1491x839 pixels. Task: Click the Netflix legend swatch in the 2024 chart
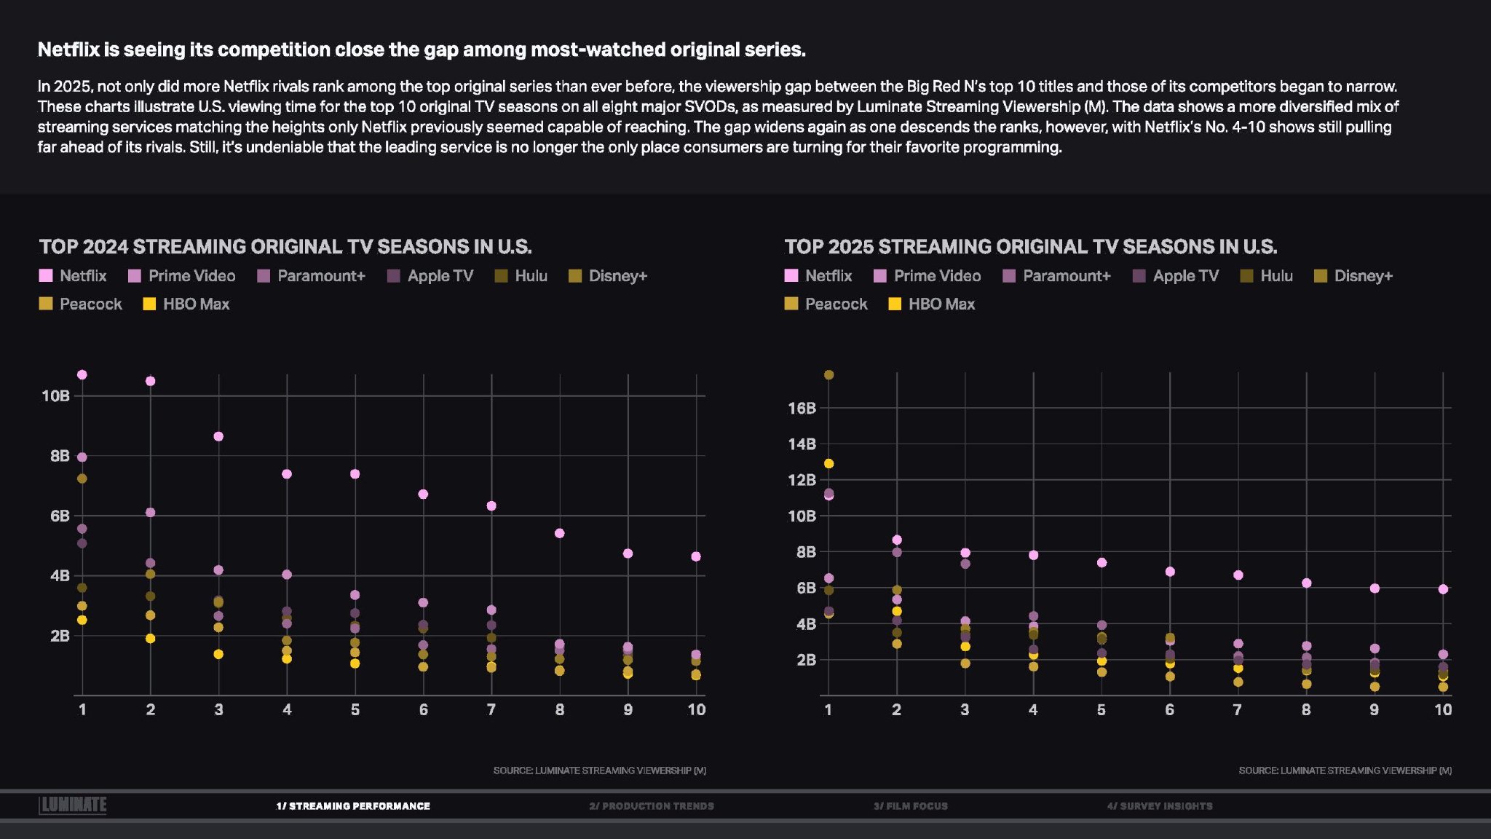coord(46,276)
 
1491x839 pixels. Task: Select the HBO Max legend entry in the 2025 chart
coord(931,304)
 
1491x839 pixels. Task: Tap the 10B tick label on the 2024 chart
coord(55,396)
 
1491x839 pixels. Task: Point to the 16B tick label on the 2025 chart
coord(802,409)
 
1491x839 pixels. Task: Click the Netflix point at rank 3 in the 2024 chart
coord(218,437)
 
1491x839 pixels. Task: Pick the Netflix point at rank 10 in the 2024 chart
coord(696,556)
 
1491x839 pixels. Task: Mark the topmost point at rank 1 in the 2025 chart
coord(828,375)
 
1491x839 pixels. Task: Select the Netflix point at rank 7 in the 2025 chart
coord(1238,575)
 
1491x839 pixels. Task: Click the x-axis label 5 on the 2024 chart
coord(355,710)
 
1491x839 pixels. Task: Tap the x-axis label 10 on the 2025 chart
coord(1442,710)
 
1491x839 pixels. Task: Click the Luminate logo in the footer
coord(73,805)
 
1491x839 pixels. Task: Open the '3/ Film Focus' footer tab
coord(911,806)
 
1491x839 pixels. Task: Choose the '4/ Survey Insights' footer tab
coord(1160,806)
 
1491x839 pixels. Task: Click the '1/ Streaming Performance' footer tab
coord(353,806)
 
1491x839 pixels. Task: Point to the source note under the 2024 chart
coord(599,771)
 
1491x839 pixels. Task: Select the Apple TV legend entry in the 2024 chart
coord(430,276)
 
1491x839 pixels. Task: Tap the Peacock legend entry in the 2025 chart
coord(826,304)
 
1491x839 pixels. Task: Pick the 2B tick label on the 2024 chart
coord(60,636)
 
